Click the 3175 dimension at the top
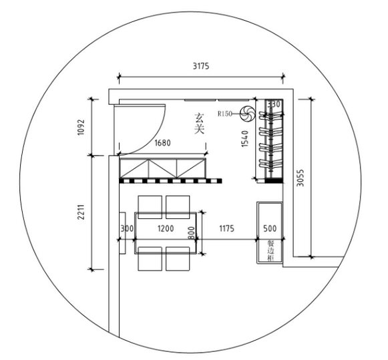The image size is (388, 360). click(x=201, y=66)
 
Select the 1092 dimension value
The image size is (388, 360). click(x=81, y=128)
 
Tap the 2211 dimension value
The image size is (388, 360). click(x=81, y=212)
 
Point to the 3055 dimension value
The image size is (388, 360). click(x=300, y=178)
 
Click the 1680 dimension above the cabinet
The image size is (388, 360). click(x=162, y=143)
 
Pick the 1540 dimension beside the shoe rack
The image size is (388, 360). click(x=244, y=138)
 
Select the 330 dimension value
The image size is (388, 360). click(x=274, y=104)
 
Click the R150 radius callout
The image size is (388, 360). click(x=225, y=114)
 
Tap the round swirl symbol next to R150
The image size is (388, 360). click(x=247, y=114)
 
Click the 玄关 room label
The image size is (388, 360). click(x=199, y=124)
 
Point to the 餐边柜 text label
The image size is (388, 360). click(x=270, y=250)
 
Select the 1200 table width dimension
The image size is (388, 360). click(x=166, y=228)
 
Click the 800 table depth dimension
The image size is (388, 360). click(x=192, y=233)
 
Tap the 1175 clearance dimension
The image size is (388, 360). click(x=226, y=228)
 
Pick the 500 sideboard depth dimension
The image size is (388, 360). click(x=270, y=228)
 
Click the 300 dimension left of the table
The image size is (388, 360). click(x=127, y=228)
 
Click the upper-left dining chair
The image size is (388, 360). click(x=150, y=207)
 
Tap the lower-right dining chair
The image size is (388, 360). click(x=178, y=258)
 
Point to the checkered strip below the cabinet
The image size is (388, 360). click(x=170, y=181)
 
